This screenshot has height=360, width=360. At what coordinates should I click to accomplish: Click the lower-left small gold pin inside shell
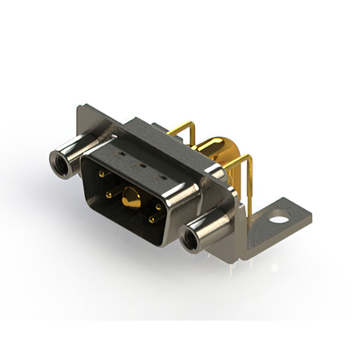pyautogui.click(x=109, y=195)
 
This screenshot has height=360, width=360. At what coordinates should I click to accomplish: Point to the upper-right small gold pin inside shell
pyautogui.click(x=158, y=207)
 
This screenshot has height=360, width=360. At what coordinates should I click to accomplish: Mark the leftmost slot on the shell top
pyautogui.click(x=120, y=152)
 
